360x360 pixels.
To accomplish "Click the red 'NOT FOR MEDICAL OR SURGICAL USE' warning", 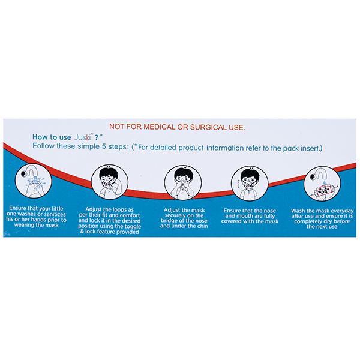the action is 177,127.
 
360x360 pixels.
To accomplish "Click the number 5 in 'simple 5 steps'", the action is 104,146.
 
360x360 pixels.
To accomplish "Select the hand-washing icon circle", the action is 34,181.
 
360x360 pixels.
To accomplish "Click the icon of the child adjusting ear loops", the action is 110,182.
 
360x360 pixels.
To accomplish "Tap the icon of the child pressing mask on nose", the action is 183,182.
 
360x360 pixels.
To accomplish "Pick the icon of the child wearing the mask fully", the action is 250,184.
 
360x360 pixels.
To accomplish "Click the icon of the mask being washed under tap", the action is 322,184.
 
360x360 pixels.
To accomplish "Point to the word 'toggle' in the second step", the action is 132,226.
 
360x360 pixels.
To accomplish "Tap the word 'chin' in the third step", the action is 202,226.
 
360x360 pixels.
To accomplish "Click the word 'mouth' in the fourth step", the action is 245,216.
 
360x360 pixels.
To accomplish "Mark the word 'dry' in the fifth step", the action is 334,221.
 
